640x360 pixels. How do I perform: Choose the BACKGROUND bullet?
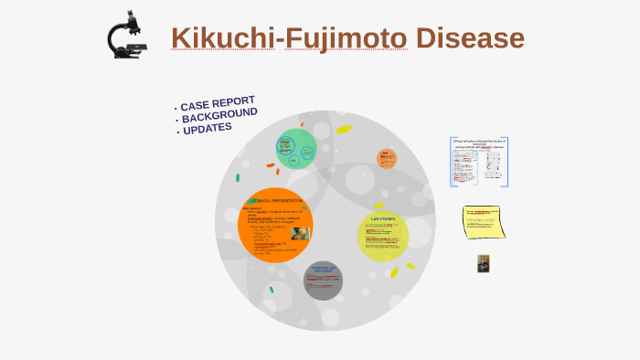[x=219, y=117]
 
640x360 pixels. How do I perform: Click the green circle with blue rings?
[x=296, y=149]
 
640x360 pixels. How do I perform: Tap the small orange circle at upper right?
[x=387, y=159]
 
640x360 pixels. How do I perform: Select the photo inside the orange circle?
[x=300, y=233]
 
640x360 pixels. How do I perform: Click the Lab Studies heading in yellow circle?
[x=382, y=219]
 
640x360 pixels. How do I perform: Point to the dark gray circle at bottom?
[x=323, y=281]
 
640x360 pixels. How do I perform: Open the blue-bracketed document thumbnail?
[x=478, y=162]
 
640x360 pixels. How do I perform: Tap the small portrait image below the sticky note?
[x=483, y=263]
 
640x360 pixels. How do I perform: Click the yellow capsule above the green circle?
[x=344, y=130]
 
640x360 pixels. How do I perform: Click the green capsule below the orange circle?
[x=271, y=290]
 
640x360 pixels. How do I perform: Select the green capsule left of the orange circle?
[x=238, y=178]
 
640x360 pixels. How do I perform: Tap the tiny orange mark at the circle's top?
[x=302, y=124]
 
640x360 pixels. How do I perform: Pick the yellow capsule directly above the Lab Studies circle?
[x=379, y=206]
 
